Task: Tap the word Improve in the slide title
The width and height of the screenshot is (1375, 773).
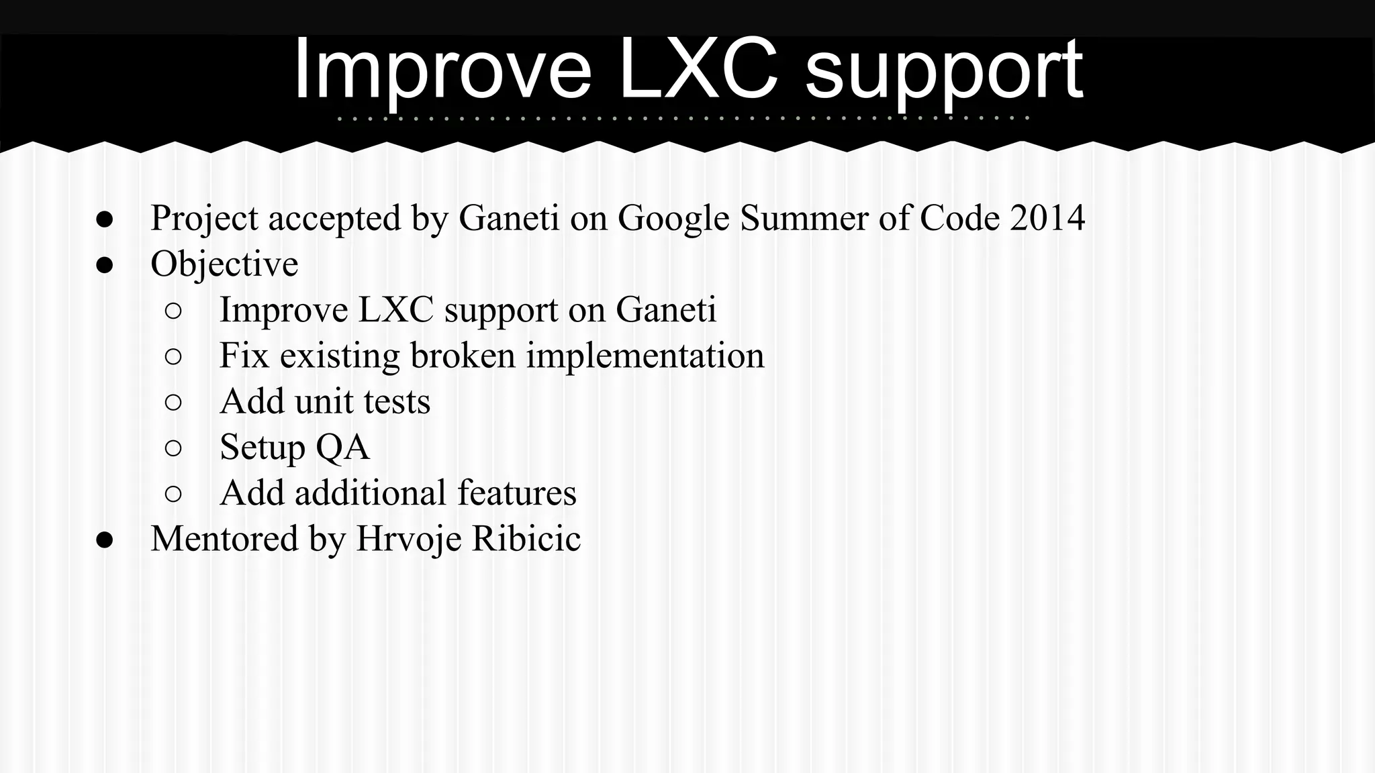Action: click(443, 70)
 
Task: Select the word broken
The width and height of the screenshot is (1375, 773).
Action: click(463, 356)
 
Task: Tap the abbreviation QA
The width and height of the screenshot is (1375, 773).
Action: click(342, 448)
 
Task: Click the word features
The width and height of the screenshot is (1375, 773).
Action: click(516, 493)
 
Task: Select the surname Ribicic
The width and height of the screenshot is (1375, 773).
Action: click(526, 538)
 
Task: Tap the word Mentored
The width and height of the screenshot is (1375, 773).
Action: click(224, 538)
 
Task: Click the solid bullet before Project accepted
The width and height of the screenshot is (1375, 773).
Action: click(104, 219)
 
